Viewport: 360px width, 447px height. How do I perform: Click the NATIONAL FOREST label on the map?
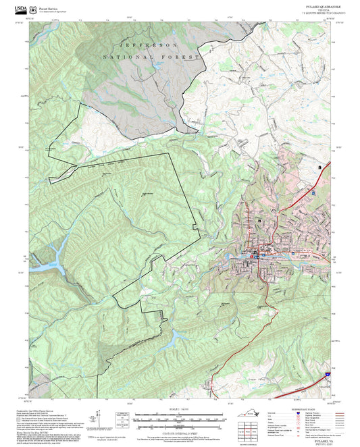(x=152, y=59)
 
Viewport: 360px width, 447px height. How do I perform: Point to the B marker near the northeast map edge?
(x=319, y=166)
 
